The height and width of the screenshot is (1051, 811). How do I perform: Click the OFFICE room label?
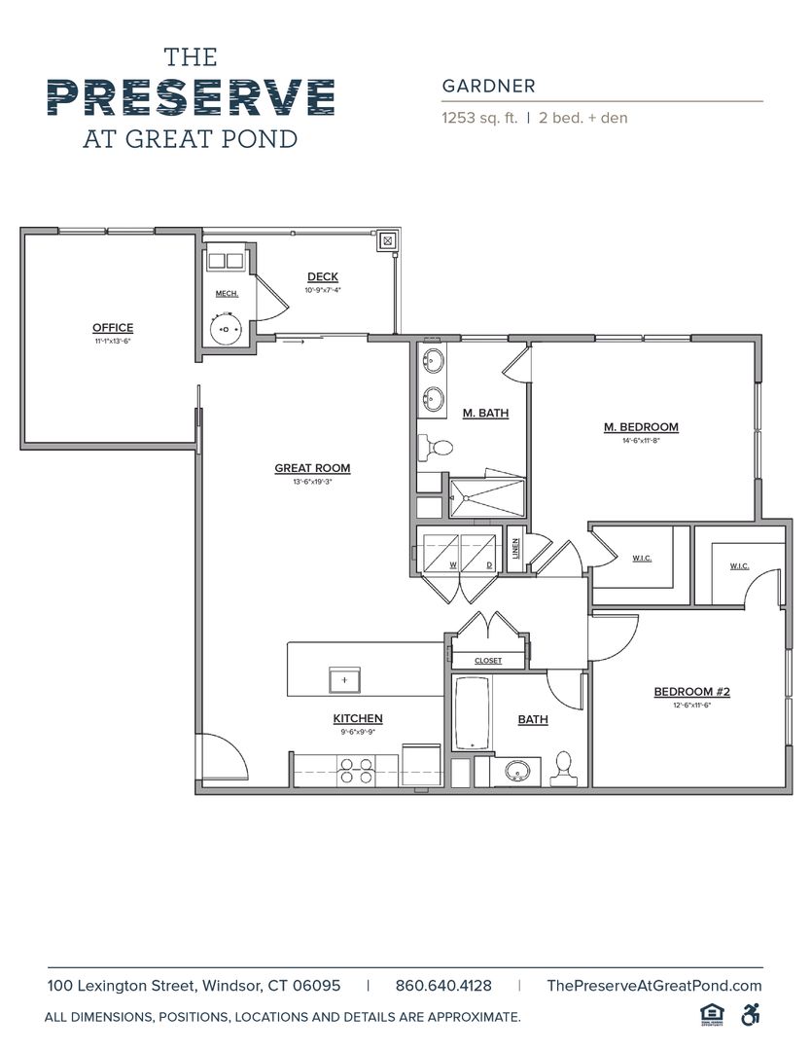[113, 328]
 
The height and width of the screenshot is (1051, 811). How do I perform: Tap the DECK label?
[323, 277]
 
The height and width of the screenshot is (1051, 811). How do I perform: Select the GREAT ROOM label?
[312, 468]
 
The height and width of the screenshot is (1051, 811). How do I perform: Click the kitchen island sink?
[343, 678]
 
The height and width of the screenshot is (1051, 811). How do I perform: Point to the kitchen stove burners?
[354, 771]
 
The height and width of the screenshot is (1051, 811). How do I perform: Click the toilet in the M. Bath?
[435, 449]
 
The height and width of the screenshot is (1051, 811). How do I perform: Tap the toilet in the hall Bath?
[564, 769]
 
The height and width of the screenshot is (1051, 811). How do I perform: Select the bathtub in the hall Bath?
[473, 714]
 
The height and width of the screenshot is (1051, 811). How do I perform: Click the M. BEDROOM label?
[641, 426]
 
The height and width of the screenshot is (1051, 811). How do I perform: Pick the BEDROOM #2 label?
[691, 692]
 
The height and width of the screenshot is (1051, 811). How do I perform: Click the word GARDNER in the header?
[488, 86]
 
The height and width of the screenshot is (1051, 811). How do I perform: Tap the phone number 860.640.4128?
[443, 985]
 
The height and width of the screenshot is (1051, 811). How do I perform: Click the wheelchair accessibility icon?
[750, 1014]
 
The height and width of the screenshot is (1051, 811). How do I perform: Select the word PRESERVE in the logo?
[191, 96]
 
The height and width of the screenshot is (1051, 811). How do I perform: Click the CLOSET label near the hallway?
[488, 661]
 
